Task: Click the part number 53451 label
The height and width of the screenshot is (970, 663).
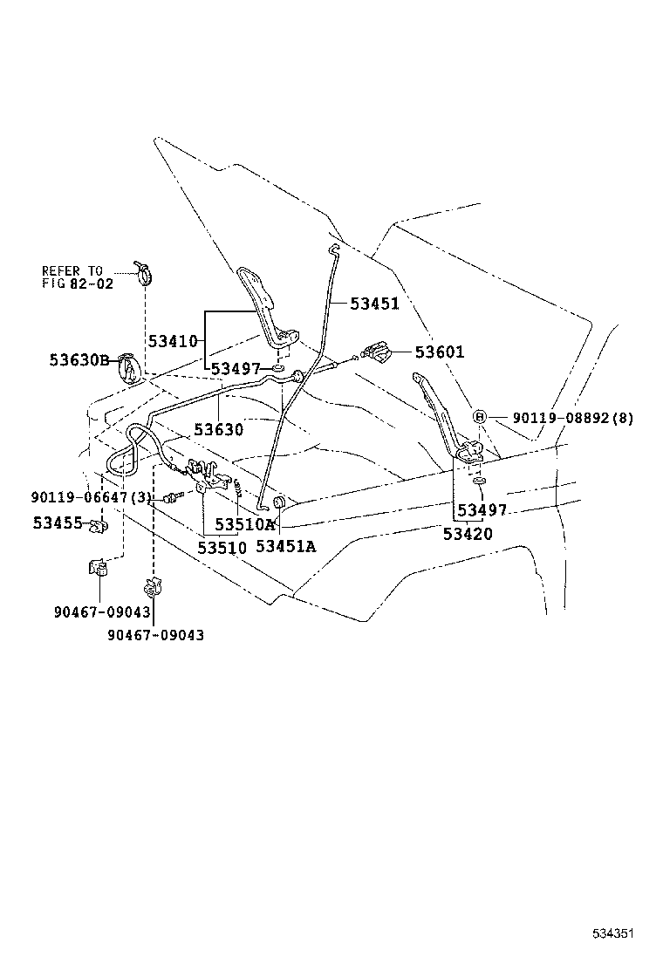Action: (375, 304)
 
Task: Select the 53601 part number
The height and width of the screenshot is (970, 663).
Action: (439, 352)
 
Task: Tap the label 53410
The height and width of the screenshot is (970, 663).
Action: (173, 341)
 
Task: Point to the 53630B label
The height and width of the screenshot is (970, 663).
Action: (79, 360)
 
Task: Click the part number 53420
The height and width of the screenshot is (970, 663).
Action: (468, 534)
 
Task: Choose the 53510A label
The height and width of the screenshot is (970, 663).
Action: (245, 524)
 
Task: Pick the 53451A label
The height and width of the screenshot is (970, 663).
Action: (286, 546)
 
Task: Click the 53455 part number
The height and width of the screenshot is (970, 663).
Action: (58, 523)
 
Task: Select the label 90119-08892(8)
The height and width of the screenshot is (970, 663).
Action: (572, 418)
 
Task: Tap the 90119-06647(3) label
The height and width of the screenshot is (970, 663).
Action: (91, 497)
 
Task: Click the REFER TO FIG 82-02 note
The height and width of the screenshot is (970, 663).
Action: (78, 277)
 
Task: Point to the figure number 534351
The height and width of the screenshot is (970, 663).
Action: (613, 933)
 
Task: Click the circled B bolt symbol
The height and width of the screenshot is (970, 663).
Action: (479, 417)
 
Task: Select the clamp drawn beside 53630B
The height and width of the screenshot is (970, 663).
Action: (128, 367)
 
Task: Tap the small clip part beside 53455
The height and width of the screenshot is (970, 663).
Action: (98, 527)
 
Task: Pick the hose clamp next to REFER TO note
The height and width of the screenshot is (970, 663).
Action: (144, 272)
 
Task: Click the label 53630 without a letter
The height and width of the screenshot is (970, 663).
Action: (218, 429)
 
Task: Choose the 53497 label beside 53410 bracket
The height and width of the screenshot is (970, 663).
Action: (236, 369)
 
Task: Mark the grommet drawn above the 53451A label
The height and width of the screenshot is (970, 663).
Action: (279, 502)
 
